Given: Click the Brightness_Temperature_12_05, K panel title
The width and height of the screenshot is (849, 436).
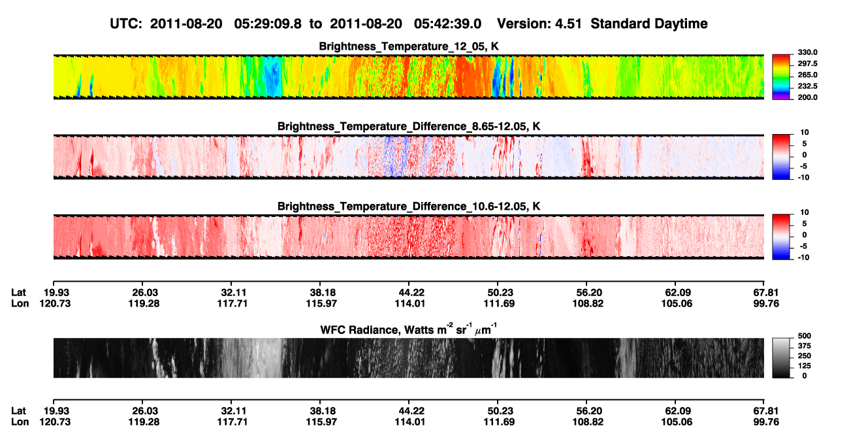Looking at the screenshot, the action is pos(409,46).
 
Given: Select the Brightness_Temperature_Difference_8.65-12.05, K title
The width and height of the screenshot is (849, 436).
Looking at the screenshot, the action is pos(409,126).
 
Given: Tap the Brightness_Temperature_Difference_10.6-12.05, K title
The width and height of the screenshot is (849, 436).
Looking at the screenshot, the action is pos(409,207).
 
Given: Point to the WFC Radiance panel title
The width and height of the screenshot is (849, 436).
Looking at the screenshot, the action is pos(409,329).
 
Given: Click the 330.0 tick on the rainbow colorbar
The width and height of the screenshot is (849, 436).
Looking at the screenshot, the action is pos(807,52).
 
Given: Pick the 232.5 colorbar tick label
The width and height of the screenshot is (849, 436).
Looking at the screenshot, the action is pos(807,86).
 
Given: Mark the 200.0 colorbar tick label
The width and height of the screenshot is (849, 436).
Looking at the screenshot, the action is pos(807,97).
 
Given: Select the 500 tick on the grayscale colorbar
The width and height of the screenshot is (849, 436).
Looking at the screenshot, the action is pos(805,336).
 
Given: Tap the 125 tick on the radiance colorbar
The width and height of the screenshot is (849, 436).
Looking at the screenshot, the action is pos(805,366).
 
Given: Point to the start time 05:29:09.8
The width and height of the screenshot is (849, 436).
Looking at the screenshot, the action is pos(268,24).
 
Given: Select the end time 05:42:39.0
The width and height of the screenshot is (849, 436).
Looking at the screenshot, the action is pos(447,24).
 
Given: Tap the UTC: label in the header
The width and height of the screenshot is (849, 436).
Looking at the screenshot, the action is pos(126,24).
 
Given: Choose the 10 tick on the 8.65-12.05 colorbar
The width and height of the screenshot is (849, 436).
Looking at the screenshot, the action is pos(805,133).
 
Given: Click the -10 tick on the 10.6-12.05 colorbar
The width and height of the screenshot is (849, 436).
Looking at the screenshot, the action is pos(803,258).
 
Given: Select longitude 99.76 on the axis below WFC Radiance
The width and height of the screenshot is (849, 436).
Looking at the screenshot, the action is pos(766,422).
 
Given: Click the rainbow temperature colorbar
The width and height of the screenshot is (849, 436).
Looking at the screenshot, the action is pos(782,77).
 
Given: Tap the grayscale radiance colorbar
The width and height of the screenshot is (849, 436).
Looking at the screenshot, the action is pos(782,358).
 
